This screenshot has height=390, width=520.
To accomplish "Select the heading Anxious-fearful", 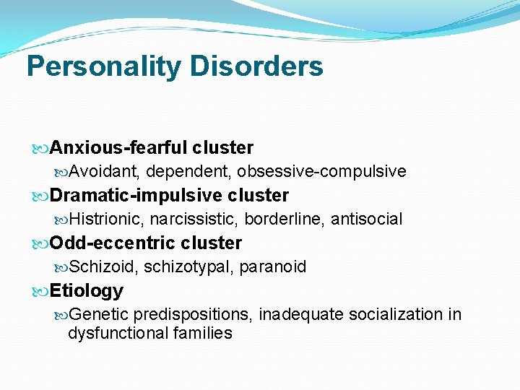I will [x=119, y=148].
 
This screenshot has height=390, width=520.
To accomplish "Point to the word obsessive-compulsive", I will [x=321, y=172].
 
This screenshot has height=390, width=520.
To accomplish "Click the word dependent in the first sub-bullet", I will [x=188, y=172].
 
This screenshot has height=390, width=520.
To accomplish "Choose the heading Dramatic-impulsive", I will [x=136, y=196].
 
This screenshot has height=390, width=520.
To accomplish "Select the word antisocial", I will [x=366, y=220].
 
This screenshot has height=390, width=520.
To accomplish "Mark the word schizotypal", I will [x=187, y=267].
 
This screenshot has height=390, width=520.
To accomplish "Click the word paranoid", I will [x=272, y=267].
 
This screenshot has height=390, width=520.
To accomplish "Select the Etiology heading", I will [x=87, y=291].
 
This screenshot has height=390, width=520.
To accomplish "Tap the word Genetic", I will [x=100, y=315].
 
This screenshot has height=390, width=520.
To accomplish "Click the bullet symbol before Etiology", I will [x=42, y=292].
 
